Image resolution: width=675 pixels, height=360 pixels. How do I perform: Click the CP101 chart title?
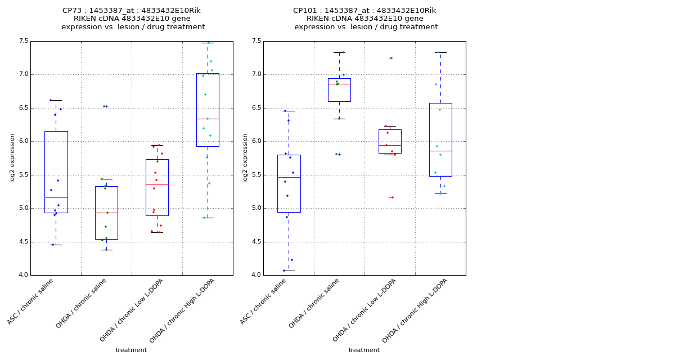[x=365, y=19]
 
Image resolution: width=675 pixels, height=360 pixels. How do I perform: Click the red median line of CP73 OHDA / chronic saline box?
[x=106, y=213]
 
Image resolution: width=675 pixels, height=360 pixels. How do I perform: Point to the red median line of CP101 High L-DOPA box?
[x=440, y=151]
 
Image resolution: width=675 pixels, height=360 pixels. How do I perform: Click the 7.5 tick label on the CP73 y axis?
[x=23, y=41]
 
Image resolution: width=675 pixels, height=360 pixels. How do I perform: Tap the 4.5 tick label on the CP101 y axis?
[x=256, y=242]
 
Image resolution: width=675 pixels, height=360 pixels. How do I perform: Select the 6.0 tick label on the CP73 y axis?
[x=23, y=141]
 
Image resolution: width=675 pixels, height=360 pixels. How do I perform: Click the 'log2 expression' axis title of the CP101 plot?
[x=245, y=157]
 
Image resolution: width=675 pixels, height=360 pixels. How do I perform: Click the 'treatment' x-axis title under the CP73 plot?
[x=131, y=350]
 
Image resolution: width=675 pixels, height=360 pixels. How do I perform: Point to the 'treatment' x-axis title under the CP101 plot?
[x=364, y=350]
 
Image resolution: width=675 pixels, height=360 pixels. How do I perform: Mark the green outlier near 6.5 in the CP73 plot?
[x=104, y=106]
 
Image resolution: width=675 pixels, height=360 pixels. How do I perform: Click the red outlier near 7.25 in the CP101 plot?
[x=391, y=58]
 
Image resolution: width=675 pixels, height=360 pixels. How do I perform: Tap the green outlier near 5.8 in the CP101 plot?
[x=336, y=154]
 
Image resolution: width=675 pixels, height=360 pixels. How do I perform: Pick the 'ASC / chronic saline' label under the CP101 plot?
[x=263, y=301]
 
